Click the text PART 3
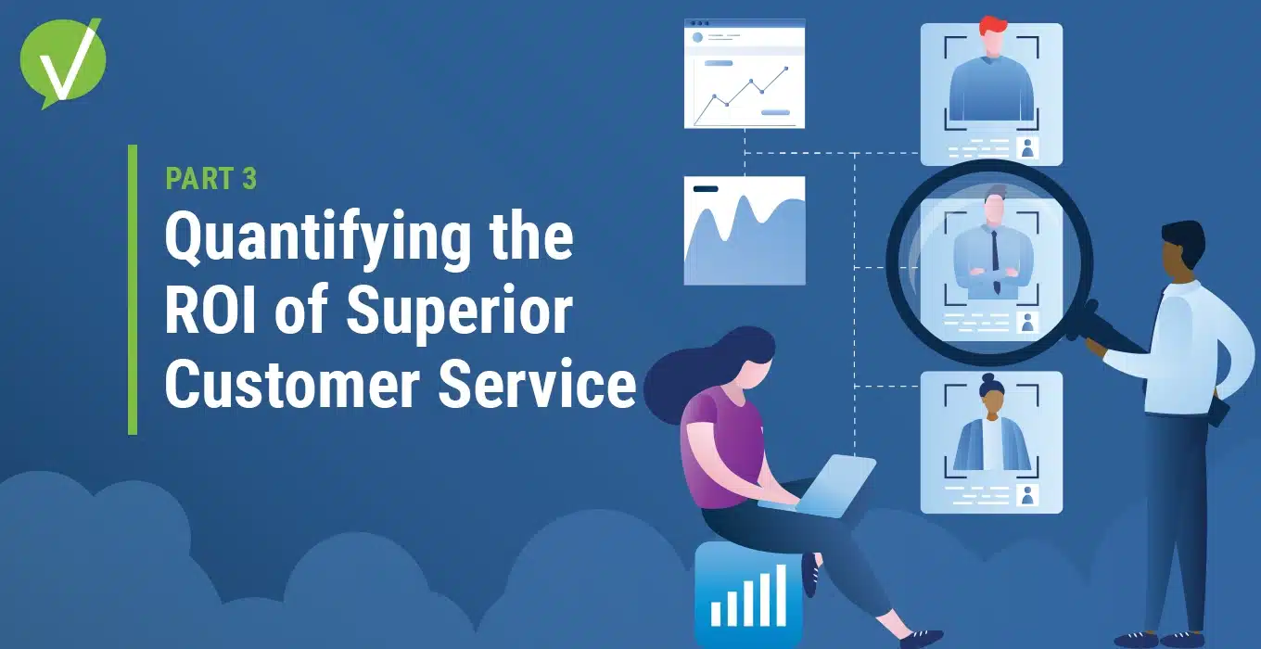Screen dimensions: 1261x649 pyautogui.click(x=211, y=179)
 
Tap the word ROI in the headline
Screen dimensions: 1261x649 pyautogui.click(x=210, y=310)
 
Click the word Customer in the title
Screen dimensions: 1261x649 pyautogui.click(x=292, y=384)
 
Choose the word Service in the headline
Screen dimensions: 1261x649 pyautogui.click(x=538, y=384)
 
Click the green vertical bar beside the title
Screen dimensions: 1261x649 pyautogui.click(x=133, y=290)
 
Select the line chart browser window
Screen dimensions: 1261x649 pyautogui.click(x=745, y=74)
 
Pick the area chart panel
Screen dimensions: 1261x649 pyautogui.click(x=745, y=230)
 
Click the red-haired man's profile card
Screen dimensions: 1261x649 pyautogui.click(x=991, y=94)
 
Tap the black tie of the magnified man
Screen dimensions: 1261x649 pyautogui.click(x=995, y=261)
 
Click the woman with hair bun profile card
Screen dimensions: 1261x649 pyautogui.click(x=991, y=442)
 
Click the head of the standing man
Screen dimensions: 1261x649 pyautogui.click(x=1182, y=246)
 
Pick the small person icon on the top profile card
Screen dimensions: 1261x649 pyautogui.click(x=1028, y=147)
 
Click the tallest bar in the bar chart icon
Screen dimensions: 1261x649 pyautogui.click(x=782, y=595)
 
